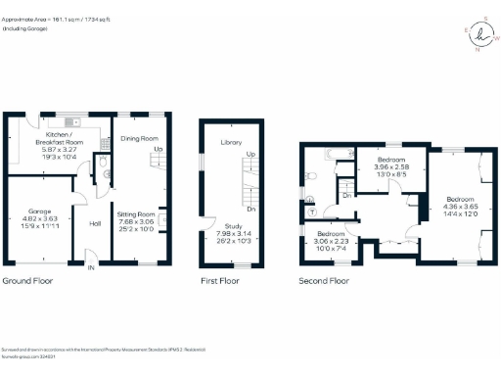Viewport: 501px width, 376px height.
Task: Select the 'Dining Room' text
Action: tap(139, 139)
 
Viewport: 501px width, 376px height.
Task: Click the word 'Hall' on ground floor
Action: tap(96, 224)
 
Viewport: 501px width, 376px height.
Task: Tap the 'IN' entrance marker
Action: tap(91, 266)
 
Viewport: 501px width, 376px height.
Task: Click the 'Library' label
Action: tap(231, 143)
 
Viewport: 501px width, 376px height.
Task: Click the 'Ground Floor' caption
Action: tap(26, 281)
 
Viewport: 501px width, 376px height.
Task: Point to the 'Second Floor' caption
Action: tap(324, 281)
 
